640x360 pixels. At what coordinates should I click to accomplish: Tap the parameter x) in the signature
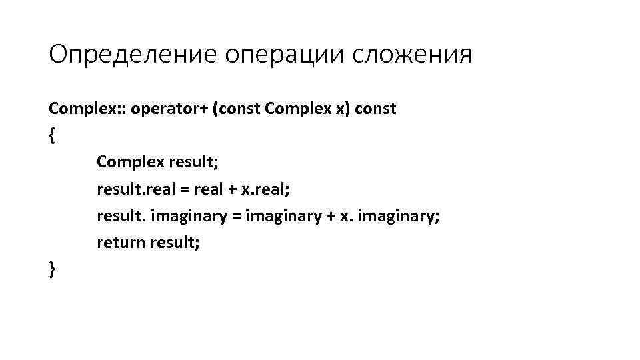click(x=337, y=109)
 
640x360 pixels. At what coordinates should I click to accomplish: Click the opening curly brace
click(x=52, y=136)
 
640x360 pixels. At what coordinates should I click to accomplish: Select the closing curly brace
click(x=52, y=269)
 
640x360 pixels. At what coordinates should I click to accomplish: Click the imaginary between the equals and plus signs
click(x=283, y=216)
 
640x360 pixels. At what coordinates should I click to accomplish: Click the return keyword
click(x=120, y=243)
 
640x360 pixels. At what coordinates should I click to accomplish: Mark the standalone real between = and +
click(x=207, y=189)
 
